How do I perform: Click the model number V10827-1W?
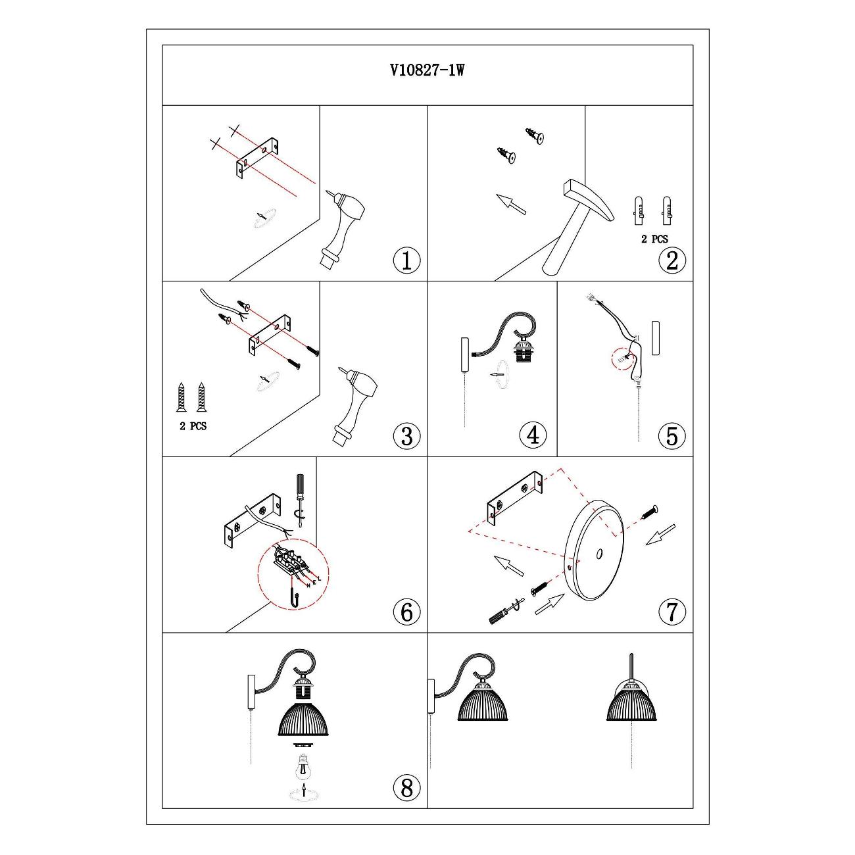(427, 70)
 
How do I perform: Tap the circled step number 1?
(406, 260)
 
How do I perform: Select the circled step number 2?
(672, 260)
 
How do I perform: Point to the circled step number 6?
(406, 612)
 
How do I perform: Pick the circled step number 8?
(406, 788)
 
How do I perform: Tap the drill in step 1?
(342, 229)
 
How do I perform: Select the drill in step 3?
(355, 404)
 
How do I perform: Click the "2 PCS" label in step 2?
(654, 239)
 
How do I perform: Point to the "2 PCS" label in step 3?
(193, 426)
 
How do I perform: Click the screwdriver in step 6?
(300, 501)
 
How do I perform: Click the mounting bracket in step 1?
(258, 158)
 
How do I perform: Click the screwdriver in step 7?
(505, 611)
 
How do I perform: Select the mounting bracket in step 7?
(515, 499)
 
